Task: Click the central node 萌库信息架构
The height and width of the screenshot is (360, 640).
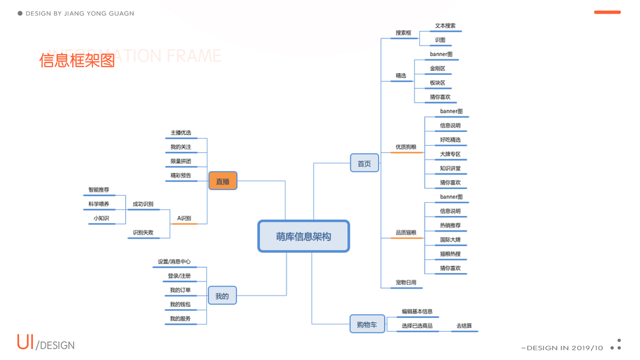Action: pos(304,236)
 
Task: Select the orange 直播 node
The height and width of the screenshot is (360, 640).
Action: pos(223,181)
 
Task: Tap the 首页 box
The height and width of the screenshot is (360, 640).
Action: pos(364,163)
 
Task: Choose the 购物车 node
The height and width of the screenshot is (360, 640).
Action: pos(366,325)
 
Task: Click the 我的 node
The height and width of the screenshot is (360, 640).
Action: pos(222,296)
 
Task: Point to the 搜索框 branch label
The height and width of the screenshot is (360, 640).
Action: pos(403,33)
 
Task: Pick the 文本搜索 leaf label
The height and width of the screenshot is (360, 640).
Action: pos(445,26)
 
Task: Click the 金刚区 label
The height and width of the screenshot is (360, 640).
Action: pos(437,68)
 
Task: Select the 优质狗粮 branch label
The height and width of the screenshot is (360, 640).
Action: pos(405,147)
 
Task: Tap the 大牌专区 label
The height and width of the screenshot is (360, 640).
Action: pos(450,154)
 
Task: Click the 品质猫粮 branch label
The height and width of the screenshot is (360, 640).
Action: pos(405,233)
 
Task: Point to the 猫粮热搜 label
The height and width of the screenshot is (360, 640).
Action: pos(450,254)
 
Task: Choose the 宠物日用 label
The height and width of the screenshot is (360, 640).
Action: pos(405,283)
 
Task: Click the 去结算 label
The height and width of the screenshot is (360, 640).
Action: pos(464,326)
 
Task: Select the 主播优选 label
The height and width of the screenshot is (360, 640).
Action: pos(181,133)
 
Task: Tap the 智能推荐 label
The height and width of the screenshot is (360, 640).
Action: pos(99,190)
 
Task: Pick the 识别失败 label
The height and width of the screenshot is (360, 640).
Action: pos(143,233)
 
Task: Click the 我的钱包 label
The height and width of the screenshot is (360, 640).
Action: pos(180,304)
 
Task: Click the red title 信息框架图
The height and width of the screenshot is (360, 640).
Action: pos(77,61)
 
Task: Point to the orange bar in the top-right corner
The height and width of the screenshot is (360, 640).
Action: pos(607,12)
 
